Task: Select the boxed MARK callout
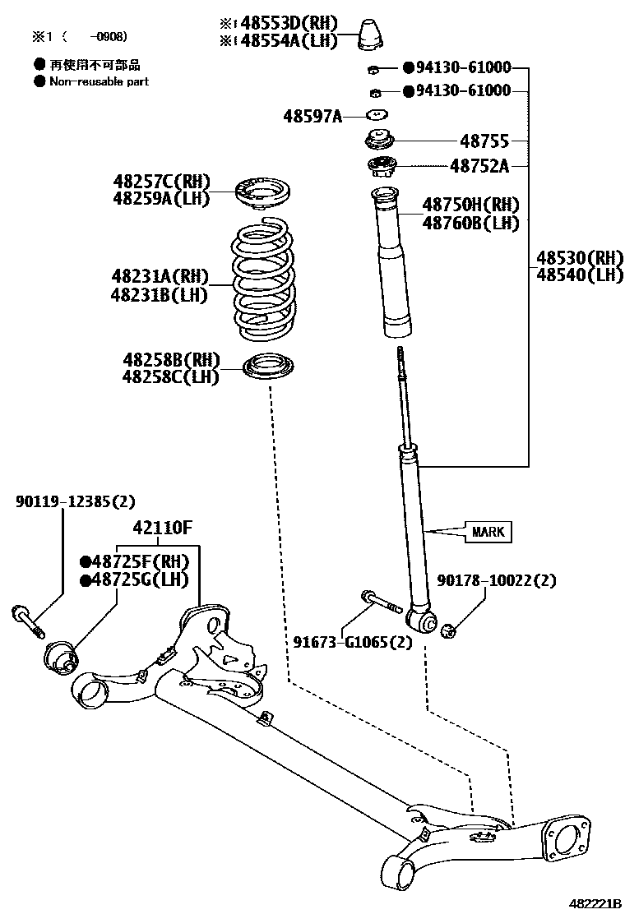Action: click(488, 532)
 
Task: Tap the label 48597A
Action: click(312, 116)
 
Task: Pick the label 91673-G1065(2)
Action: click(352, 642)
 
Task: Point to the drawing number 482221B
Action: click(596, 902)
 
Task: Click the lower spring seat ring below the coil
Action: click(271, 364)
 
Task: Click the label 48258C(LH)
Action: click(171, 376)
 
